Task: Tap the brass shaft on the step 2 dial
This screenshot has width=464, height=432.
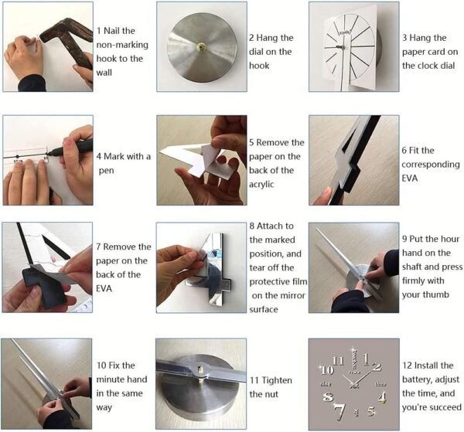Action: pyautogui.click(x=202, y=47)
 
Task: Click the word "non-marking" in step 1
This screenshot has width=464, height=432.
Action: pyautogui.click(x=122, y=45)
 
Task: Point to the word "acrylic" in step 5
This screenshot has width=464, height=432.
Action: pyautogui.click(x=261, y=185)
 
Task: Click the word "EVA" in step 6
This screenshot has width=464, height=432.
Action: pyautogui.click(x=410, y=179)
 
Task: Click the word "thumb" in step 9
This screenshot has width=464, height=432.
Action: pyautogui.click(x=437, y=294)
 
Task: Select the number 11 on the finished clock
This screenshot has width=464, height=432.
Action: pyautogui.click(x=339, y=361)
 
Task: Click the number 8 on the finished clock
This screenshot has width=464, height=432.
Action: pyautogui.click(x=328, y=396)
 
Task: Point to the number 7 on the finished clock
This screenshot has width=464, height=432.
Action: pyautogui.click(x=339, y=412)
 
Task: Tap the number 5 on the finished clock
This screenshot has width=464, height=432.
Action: pyautogui.click(x=371, y=411)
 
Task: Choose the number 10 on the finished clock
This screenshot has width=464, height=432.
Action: pyautogui.click(x=327, y=370)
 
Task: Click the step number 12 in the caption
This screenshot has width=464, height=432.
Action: pyautogui.click(x=408, y=366)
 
